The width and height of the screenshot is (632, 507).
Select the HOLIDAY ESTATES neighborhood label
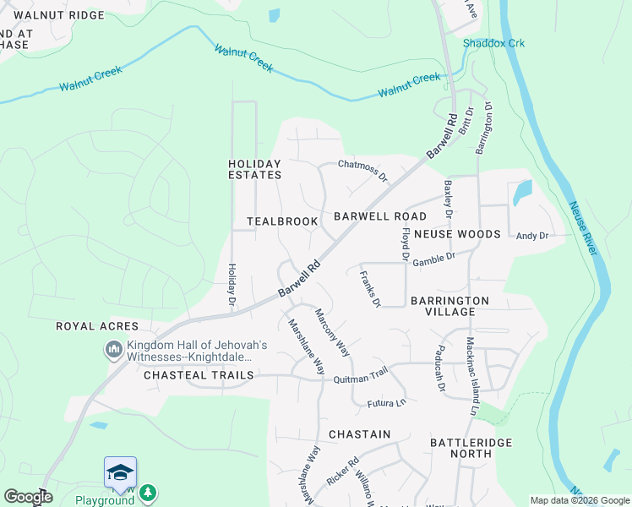[254, 169]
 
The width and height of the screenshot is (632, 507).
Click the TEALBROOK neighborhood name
[282, 221]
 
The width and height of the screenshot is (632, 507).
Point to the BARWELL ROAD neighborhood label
[379, 216]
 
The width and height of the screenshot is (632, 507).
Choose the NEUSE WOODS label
[456, 233]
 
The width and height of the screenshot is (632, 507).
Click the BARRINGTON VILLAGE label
[449, 306]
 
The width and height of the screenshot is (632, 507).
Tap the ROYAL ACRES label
[91, 326]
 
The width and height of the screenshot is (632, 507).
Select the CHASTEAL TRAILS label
[199, 374]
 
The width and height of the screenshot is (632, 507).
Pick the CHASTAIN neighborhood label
[359, 434]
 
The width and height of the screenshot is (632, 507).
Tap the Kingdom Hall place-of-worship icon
[113, 349]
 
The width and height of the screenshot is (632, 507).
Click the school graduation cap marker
[120, 472]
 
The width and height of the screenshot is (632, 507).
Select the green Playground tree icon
[148, 492]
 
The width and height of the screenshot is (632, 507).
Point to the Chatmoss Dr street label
[362, 169]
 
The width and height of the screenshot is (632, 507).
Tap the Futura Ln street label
[386, 404]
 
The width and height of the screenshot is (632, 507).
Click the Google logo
[28, 498]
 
